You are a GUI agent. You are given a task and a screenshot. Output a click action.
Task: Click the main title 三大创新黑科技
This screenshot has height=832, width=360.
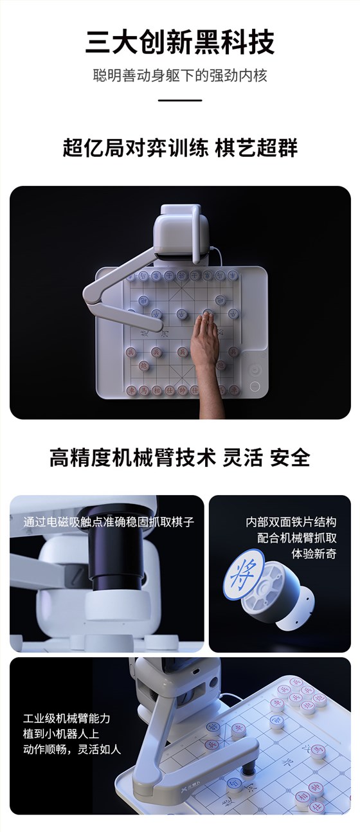(x=180, y=42)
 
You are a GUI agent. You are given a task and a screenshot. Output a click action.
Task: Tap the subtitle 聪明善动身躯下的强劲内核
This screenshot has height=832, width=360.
(x=180, y=75)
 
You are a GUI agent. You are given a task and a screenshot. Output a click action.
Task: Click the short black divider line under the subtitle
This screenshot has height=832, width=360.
(x=180, y=100)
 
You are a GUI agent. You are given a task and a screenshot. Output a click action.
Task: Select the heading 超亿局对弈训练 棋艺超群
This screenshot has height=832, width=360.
(x=180, y=148)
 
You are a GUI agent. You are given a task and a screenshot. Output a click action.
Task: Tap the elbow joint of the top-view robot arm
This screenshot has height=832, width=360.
(x=93, y=294)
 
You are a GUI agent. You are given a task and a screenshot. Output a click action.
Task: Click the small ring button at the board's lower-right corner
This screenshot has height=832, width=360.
(x=255, y=387)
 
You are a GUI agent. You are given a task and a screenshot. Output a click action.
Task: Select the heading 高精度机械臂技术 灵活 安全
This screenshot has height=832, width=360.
(x=180, y=457)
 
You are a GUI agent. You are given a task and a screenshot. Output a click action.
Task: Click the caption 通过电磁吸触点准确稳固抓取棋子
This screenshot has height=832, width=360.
(x=108, y=521)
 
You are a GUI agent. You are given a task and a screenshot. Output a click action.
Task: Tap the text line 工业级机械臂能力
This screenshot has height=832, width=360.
(x=67, y=718)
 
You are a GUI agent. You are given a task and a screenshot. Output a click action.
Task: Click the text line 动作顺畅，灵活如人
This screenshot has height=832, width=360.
(x=72, y=749)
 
